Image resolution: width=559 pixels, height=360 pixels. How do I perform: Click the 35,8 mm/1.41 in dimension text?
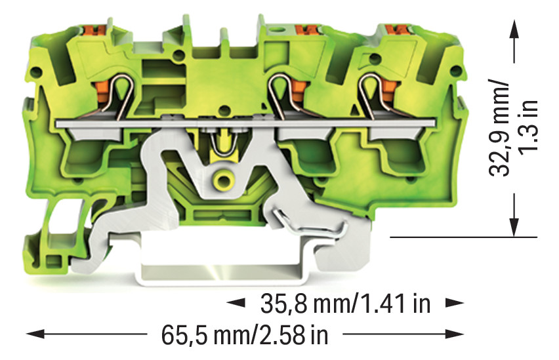coord(344,304)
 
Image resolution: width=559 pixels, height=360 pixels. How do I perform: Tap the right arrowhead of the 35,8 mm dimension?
coord(454,304)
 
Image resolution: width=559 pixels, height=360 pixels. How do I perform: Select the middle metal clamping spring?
coord(282,95)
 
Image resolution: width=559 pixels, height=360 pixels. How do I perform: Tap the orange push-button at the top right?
coord(396,30)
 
